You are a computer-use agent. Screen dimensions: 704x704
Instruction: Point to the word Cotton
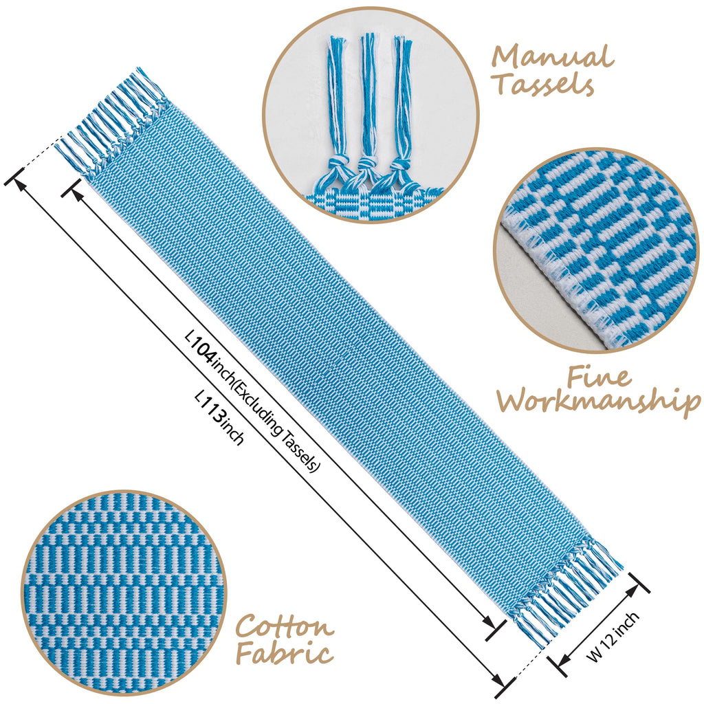click(285, 627)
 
